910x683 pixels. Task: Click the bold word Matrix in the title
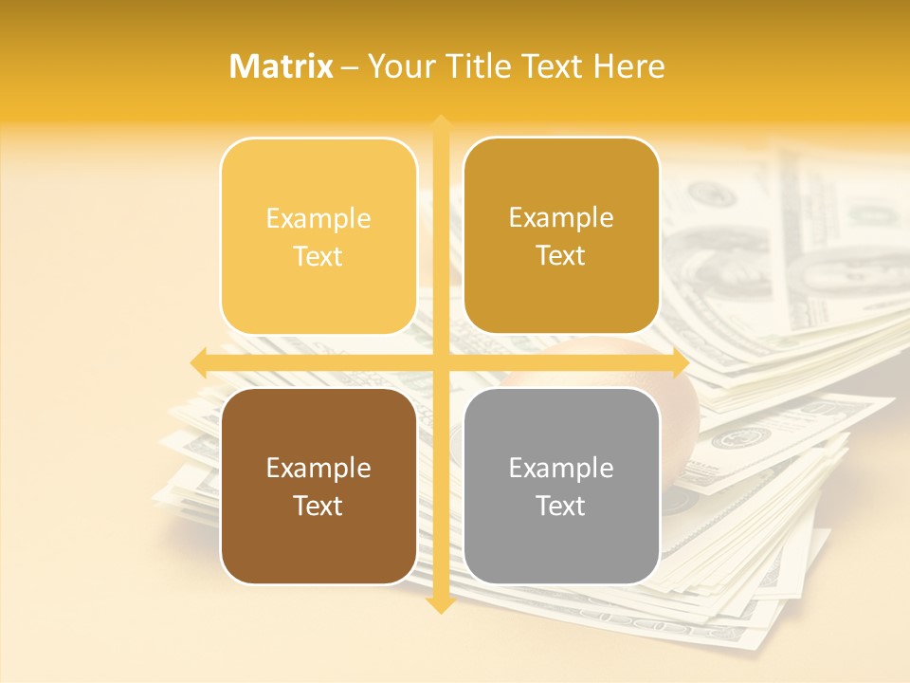click(x=282, y=66)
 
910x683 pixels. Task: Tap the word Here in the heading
click(x=628, y=66)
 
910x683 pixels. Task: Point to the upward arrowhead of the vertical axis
click(x=440, y=123)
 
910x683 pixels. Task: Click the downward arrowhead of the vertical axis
click(x=440, y=604)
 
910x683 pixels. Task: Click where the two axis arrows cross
click(x=440, y=362)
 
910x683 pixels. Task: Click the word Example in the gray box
click(x=561, y=468)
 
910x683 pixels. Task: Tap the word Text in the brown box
click(x=318, y=506)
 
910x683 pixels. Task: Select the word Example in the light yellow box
click(x=318, y=218)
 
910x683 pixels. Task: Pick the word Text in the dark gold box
click(x=561, y=256)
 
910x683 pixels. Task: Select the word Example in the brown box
click(x=318, y=468)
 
